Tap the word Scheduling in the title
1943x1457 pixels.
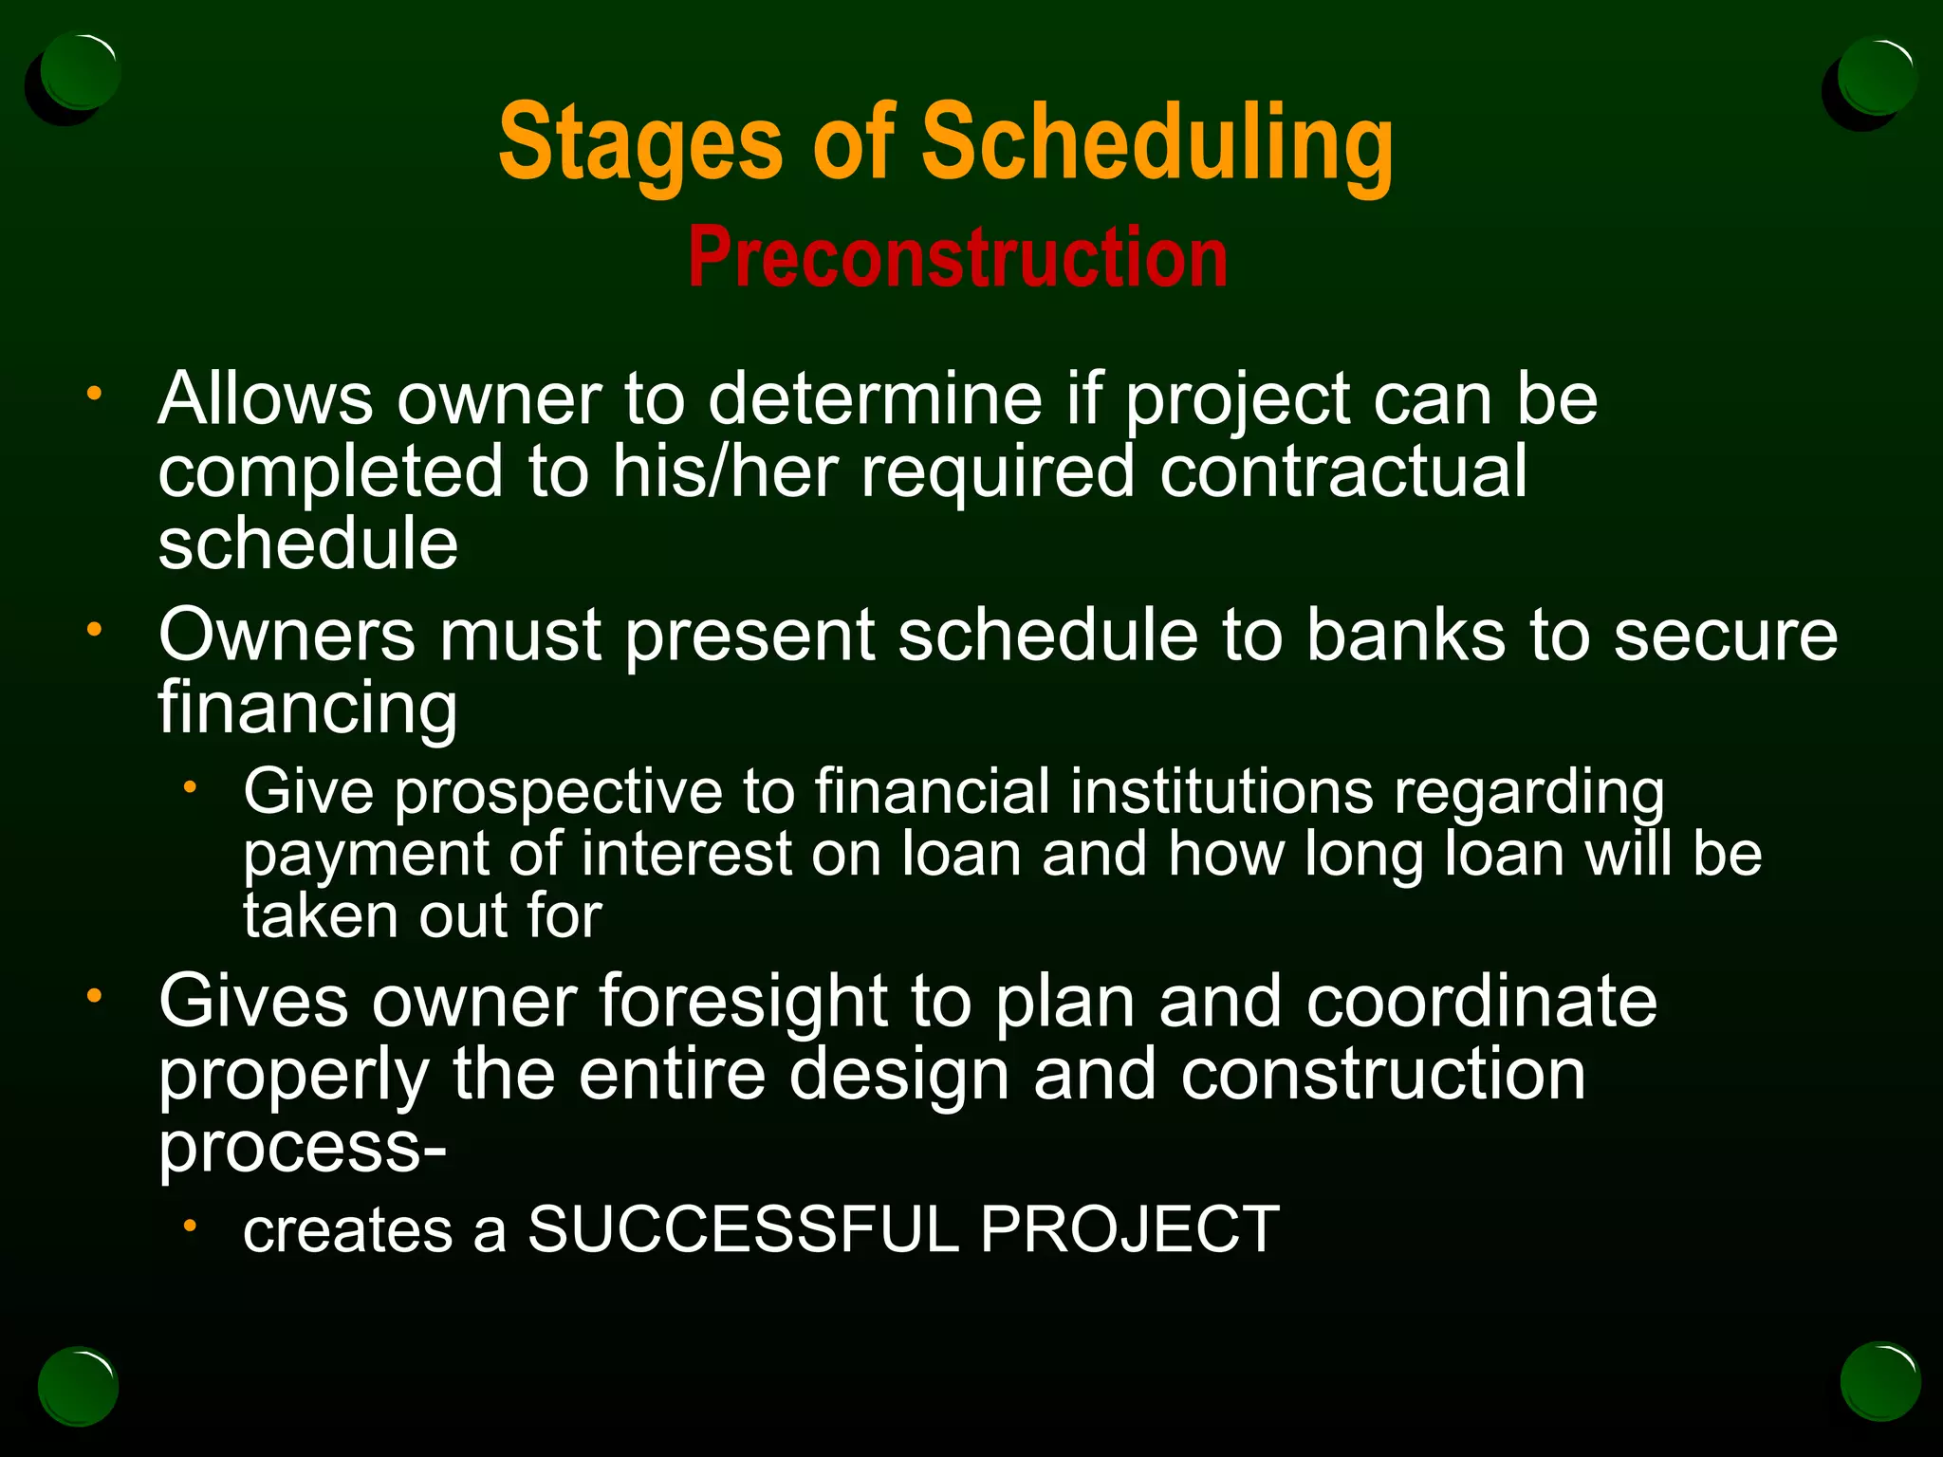(1157, 144)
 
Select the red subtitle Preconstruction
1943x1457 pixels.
(957, 258)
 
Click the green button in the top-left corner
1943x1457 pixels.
(80, 72)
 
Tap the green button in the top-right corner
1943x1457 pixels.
(1876, 76)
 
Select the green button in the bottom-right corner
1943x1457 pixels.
(1879, 1381)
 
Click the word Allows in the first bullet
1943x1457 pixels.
(265, 398)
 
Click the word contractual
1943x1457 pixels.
(1342, 471)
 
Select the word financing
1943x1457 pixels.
(307, 709)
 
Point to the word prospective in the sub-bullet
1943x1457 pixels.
(558, 793)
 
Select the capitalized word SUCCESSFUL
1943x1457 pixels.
(743, 1229)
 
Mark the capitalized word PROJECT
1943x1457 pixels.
(1129, 1229)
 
